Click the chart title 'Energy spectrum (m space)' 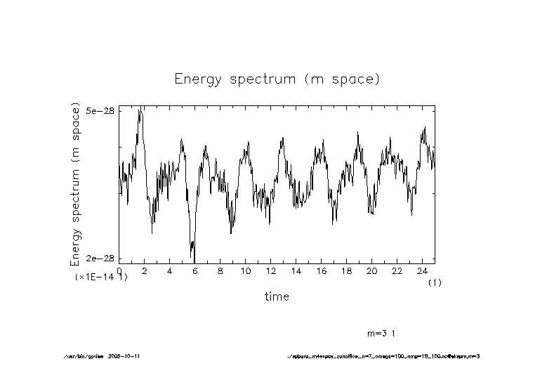pos(277,79)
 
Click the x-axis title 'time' pos(277,296)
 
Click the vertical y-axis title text pos(76,185)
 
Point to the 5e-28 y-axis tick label pos(100,111)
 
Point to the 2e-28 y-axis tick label pos(100,259)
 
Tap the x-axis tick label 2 pos(144,270)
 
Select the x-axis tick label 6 pos(194,270)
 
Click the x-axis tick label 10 pos(245,270)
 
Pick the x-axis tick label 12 pos(270,270)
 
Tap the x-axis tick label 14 pos(296,270)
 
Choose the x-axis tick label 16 pos(321,270)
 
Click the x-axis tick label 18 pos(346,270)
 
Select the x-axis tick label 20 pos(371,270)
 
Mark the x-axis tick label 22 pos(397,270)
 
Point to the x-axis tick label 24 pos(422,270)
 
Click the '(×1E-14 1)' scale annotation pos(101,277)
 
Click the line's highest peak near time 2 pos(140,108)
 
